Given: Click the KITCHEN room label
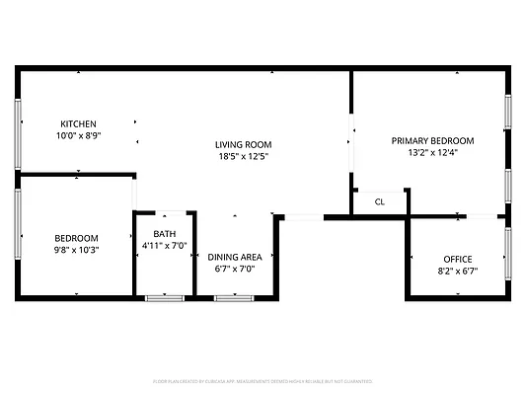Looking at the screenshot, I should point(78,124).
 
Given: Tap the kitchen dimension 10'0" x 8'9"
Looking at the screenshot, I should point(78,136).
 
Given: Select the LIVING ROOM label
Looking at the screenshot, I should point(243,144).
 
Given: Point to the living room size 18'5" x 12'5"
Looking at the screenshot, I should point(243,156).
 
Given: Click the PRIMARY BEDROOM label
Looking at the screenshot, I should point(432,140).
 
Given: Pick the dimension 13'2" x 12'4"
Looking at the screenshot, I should point(432,152).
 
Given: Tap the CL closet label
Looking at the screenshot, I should point(380,201).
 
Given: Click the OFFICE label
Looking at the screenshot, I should point(457,260).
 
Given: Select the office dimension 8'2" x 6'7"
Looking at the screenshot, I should point(457,272).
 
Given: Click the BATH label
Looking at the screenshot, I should point(164,233).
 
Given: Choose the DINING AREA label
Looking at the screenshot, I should point(235,256).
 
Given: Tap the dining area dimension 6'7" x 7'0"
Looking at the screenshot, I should point(235,268).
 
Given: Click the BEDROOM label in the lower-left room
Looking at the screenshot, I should point(76,238).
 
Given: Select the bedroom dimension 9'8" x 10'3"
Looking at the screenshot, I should point(76,250).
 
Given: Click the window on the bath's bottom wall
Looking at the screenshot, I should point(165,297).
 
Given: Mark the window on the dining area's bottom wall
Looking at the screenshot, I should point(235,297).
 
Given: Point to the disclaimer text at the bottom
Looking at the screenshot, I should point(263,380).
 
